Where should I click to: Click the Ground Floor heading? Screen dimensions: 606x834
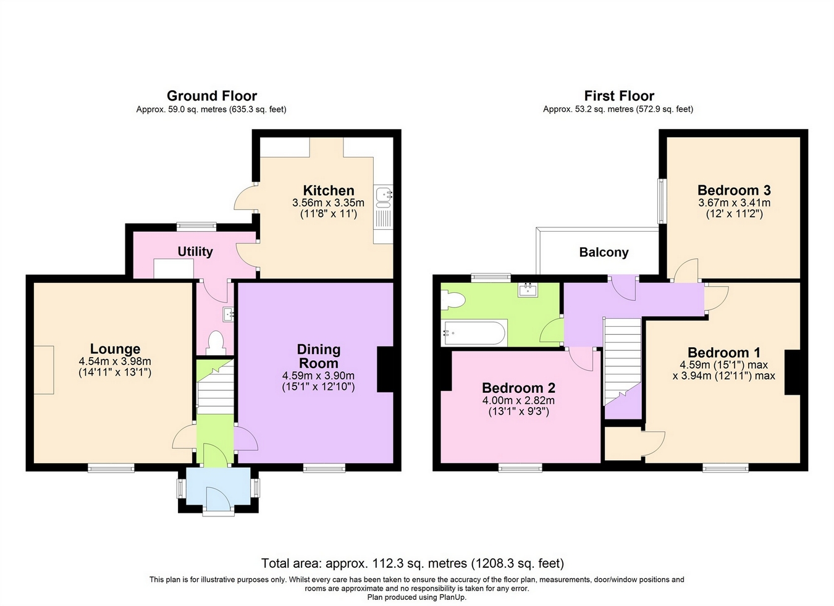(x=211, y=96)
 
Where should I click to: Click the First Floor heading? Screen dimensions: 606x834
(x=618, y=96)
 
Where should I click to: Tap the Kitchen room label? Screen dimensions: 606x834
(x=328, y=190)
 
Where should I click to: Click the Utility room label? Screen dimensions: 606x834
(x=195, y=251)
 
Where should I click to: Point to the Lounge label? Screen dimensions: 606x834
(x=115, y=349)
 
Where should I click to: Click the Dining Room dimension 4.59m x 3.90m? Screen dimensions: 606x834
(x=318, y=376)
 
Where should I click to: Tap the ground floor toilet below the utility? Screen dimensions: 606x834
(x=216, y=342)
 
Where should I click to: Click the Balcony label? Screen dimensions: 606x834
(x=604, y=252)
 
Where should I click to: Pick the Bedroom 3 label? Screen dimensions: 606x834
(x=733, y=190)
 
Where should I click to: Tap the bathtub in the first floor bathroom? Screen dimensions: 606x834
(x=474, y=334)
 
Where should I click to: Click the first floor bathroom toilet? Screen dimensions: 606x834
(x=453, y=301)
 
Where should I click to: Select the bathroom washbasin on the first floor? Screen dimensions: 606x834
(x=528, y=289)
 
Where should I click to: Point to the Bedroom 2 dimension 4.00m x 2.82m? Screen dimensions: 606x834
(x=518, y=400)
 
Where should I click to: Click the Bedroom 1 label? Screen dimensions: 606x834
(x=723, y=353)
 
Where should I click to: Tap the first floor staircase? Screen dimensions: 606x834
(x=621, y=358)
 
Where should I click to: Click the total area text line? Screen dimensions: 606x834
(x=412, y=563)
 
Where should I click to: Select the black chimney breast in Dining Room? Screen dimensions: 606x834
(x=385, y=369)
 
